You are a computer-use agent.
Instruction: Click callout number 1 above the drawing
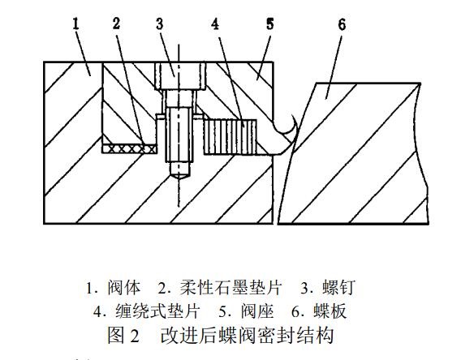[x=75, y=24]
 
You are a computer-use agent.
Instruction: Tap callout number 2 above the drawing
[x=117, y=24]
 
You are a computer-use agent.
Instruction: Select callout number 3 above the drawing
[x=160, y=24]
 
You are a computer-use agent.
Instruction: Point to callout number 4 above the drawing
[x=215, y=24]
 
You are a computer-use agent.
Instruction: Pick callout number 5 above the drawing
[x=270, y=24]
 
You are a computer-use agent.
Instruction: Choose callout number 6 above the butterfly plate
[x=342, y=24]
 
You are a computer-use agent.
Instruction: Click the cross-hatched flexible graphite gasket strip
[x=130, y=148]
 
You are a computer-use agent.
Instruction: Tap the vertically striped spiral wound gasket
[x=231, y=137]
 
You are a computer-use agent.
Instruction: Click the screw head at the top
[x=180, y=75]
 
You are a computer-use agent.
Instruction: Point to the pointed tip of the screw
[x=179, y=179]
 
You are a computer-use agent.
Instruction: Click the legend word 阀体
[x=124, y=287]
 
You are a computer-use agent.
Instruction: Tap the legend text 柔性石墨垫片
[x=231, y=287]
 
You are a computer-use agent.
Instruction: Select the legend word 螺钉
[x=338, y=287]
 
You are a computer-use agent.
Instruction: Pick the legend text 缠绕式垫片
[x=157, y=311]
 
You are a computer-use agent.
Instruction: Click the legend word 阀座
[x=257, y=311]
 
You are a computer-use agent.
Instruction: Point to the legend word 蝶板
[x=330, y=311]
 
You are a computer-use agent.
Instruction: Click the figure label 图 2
[x=123, y=335]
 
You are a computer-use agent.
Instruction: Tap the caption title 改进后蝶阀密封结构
[x=247, y=335]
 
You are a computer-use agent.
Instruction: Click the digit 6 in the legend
[x=295, y=311]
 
